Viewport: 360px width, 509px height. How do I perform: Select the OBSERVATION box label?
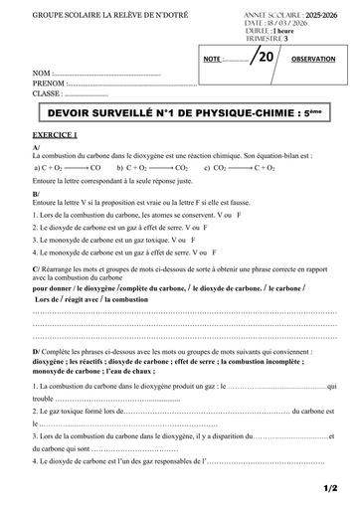(313, 60)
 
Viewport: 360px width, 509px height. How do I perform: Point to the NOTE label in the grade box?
(211, 61)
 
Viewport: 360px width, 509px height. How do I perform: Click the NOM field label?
(41, 75)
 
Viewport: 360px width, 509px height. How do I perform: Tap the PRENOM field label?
(48, 85)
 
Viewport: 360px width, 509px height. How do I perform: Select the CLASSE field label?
(47, 94)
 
